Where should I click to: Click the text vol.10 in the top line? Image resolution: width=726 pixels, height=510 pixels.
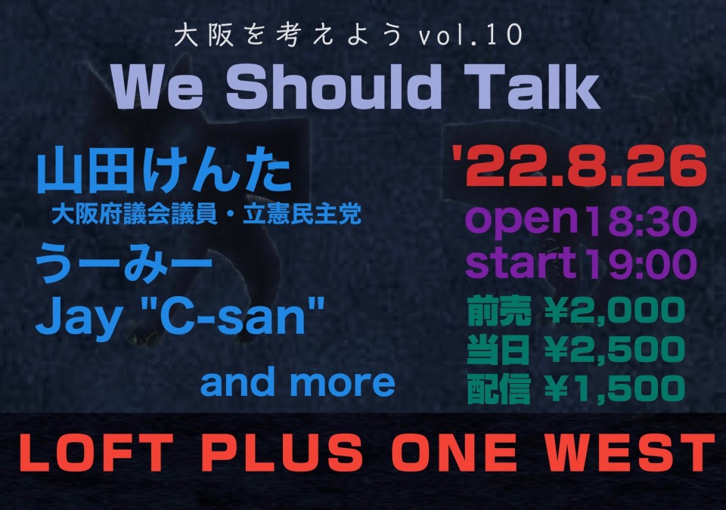click(x=470, y=35)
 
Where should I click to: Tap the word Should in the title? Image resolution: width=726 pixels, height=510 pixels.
click(x=333, y=87)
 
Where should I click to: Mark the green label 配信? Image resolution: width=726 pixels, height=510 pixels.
click(x=498, y=389)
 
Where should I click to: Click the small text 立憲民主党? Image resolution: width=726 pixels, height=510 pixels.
click(x=302, y=215)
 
